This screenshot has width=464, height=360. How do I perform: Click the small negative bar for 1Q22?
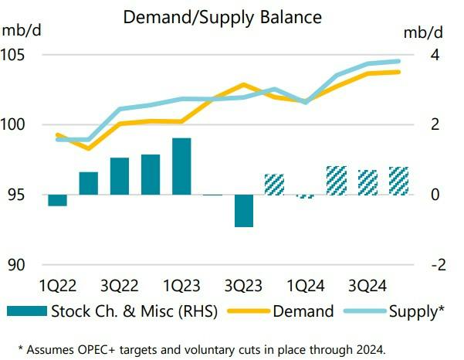[x=57, y=200]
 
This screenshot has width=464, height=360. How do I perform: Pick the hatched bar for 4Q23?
[x=275, y=185]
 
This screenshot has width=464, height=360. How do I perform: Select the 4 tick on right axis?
[x=435, y=55]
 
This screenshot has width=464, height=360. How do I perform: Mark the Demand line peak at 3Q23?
[x=243, y=84]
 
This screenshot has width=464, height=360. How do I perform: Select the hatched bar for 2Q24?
[x=337, y=180]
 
